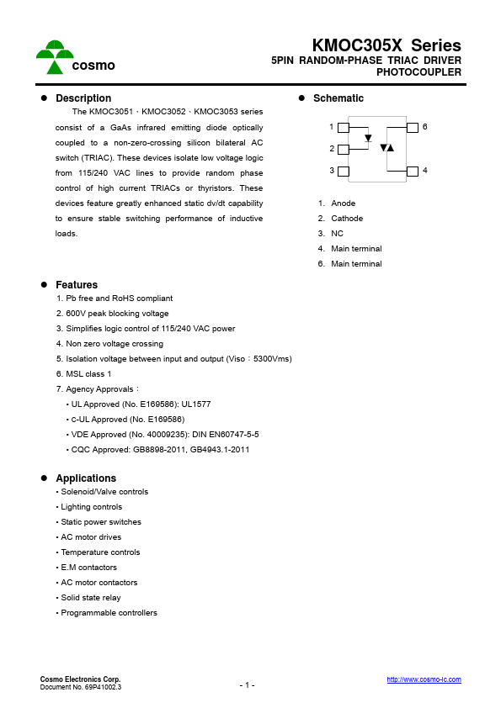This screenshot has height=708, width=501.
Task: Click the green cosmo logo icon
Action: coord(55,56)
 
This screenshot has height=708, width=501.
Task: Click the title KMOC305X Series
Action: coord(386,45)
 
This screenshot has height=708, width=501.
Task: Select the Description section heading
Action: coord(83,98)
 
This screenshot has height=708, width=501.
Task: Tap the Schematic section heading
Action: coord(338,98)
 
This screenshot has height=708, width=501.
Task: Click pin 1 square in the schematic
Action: coord(343,128)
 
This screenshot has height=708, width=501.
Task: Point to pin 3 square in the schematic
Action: coord(343,172)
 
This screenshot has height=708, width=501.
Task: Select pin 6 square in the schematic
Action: coord(412,128)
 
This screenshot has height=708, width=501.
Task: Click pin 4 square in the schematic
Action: coord(412,172)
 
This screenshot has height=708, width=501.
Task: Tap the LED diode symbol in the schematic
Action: coord(368,138)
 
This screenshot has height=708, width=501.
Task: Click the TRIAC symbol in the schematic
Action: coord(386,148)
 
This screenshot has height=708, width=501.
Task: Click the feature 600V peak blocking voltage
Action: coord(112,314)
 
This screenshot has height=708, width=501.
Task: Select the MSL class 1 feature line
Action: coord(83,374)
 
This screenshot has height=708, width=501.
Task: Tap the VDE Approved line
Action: coord(163,435)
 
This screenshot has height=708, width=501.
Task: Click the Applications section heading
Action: coord(85,478)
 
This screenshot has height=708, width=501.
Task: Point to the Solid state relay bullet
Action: coord(90,598)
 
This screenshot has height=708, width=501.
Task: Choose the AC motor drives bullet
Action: coord(90,537)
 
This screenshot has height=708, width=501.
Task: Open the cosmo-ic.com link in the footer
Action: coord(424,679)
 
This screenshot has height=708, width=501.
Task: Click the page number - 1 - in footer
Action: coord(247,685)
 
